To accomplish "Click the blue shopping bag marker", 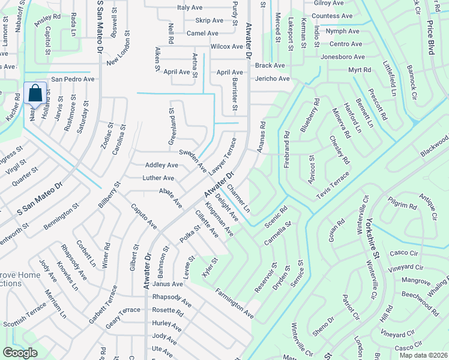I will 35,94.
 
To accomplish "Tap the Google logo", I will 20,352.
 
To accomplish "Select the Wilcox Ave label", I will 226,46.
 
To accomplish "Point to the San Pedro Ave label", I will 73,79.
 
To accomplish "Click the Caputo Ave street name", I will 143,217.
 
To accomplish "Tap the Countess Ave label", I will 332,16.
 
